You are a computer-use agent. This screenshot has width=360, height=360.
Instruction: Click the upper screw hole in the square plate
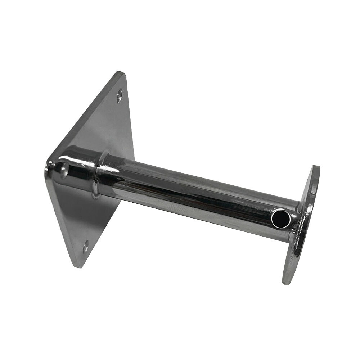point(120,96)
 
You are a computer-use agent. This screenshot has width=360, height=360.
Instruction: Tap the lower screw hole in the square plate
point(86,247)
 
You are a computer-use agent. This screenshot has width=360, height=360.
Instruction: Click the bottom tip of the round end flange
point(287,283)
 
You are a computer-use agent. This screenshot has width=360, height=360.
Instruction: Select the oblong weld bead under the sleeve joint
point(96,189)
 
